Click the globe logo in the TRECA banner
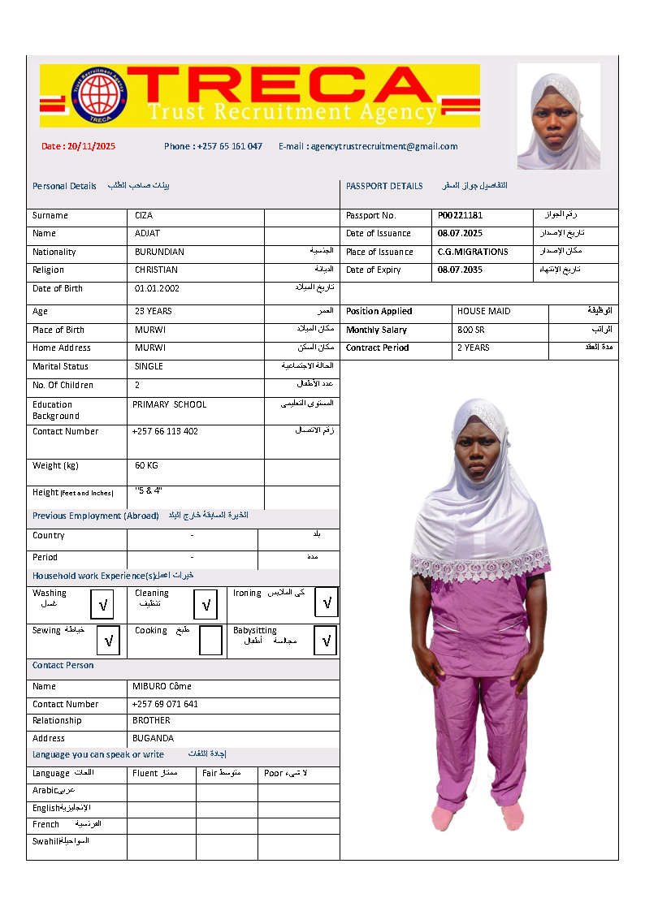[98, 95]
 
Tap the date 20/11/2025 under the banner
[79, 147]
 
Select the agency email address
[368, 147]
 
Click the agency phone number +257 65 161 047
[213, 147]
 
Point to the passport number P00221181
[460, 216]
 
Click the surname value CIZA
[144, 216]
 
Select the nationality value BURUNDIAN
[159, 253]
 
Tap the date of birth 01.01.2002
[158, 289]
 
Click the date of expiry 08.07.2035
[460, 270]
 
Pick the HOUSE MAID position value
[484, 312]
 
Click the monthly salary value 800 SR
[471, 330]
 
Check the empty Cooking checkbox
[210, 641]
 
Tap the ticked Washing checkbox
[103, 605]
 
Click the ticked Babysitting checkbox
[326, 641]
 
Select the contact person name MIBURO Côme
[162, 687]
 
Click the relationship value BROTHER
[151, 721]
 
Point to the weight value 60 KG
[147, 466]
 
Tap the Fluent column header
[145, 774]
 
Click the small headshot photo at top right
[558, 115]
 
